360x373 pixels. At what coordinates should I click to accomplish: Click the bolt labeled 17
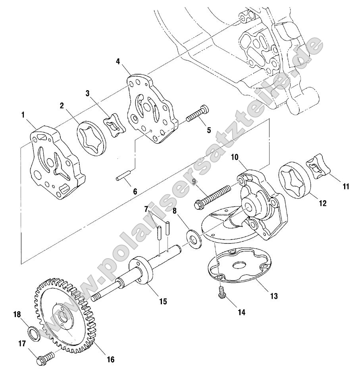coord(44,361)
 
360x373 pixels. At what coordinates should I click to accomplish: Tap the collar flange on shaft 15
coord(142,273)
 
